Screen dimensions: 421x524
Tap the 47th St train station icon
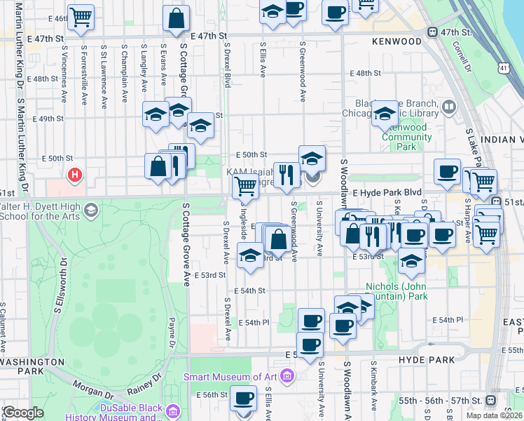pos(434,32)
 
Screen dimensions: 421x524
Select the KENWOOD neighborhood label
pos(397,41)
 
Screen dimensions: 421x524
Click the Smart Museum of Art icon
pos(286,377)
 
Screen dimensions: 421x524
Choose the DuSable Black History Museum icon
pos(173,409)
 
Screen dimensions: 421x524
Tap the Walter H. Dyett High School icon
pos(90,210)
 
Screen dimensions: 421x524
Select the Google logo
pos(23,412)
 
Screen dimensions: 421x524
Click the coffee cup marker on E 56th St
pos(243,399)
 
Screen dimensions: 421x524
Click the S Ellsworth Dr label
pos(64,281)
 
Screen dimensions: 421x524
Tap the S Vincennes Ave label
pos(64,84)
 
